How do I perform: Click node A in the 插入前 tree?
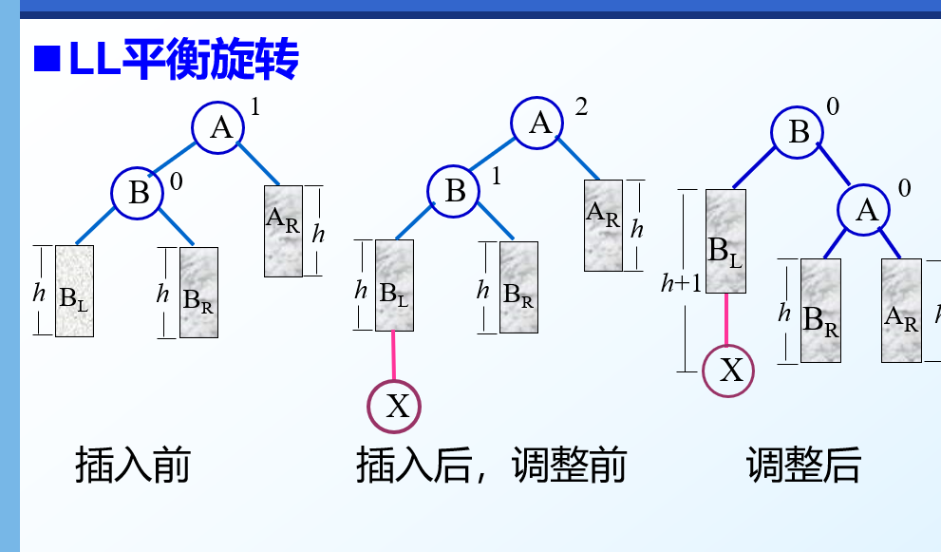click(x=220, y=126)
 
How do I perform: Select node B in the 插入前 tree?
click(x=139, y=193)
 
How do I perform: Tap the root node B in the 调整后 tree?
click(x=799, y=132)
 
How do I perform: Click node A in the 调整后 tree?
click(x=866, y=210)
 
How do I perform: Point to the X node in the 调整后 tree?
click(x=728, y=370)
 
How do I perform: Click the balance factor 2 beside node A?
click(x=581, y=106)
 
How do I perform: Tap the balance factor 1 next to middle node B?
click(x=496, y=177)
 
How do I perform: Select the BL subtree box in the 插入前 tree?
click(x=74, y=291)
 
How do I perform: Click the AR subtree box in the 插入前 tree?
click(x=283, y=230)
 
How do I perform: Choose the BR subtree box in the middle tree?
click(x=518, y=287)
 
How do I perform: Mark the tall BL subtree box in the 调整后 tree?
click(x=725, y=241)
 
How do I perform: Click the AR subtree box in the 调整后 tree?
click(x=901, y=310)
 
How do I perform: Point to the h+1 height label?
click(x=681, y=282)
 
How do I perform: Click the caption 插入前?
click(x=133, y=466)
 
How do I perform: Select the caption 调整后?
click(x=803, y=466)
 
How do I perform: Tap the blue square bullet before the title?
click(x=46, y=60)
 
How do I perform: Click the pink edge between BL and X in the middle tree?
click(x=393, y=355)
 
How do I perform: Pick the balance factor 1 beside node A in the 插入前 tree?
click(x=254, y=106)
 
